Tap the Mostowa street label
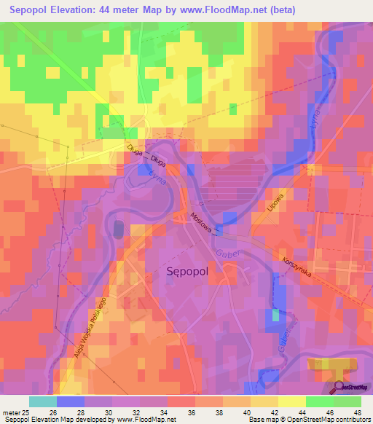pyautogui.click(x=203, y=222)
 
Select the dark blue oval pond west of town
pyautogui.click(x=119, y=229)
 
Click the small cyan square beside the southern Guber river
pyautogui.click(x=275, y=315)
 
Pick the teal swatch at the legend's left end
pyautogui.click(x=42, y=401)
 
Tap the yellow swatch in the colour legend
pyautogui.click(x=291, y=401)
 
